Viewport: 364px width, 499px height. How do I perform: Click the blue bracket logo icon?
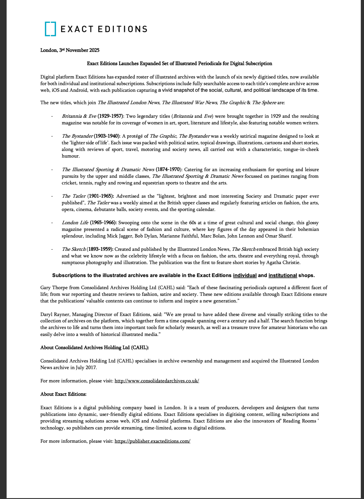(50, 29)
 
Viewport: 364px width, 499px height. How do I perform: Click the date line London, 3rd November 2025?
(70, 50)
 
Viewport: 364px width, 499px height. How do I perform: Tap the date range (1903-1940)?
(107, 136)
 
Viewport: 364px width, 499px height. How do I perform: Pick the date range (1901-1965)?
(101, 196)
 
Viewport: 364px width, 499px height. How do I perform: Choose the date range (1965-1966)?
(103, 223)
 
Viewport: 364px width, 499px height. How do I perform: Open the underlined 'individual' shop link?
(245, 275)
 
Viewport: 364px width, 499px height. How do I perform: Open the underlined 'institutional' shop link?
(283, 275)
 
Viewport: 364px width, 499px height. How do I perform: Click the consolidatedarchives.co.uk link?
(157, 381)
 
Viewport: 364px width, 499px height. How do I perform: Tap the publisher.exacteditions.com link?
(152, 441)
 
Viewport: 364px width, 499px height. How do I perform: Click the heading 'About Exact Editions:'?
(64, 394)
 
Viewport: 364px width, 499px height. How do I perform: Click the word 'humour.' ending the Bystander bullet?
(71, 156)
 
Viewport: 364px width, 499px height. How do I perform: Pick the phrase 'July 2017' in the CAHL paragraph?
(86, 367)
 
